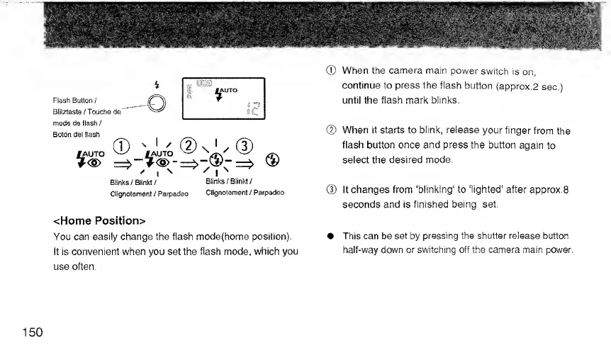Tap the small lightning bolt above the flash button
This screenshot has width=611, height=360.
(156, 86)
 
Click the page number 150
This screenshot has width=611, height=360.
(31, 332)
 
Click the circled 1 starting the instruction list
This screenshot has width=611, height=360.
(330, 71)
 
